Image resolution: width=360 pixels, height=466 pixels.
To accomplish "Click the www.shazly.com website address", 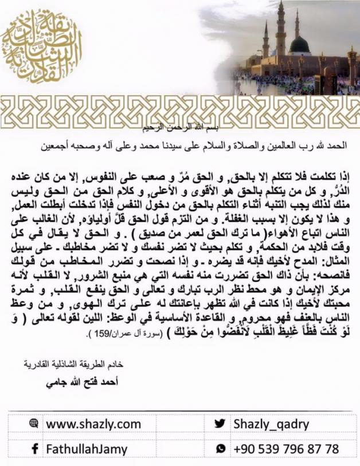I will [93, 424].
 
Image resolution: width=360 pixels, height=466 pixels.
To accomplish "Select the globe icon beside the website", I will [33, 424].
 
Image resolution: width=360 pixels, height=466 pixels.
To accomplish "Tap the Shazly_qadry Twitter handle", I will [272, 424].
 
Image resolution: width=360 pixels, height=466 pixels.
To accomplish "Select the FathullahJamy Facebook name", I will [87, 449].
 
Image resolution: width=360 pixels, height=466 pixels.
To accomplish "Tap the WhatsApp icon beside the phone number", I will [220, 449].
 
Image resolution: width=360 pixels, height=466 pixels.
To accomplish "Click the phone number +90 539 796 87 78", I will [285, 449].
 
